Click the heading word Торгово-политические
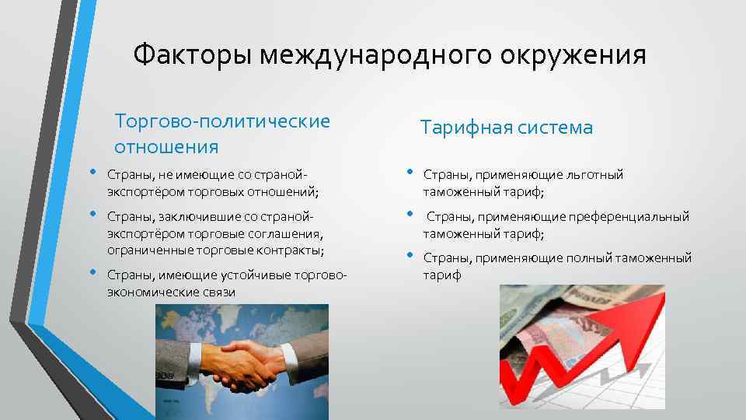click(222, 121)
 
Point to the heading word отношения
click(166, 146)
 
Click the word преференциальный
click(622, 217)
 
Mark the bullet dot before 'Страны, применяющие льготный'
click(410, 172)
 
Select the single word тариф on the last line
click(441, 275)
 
